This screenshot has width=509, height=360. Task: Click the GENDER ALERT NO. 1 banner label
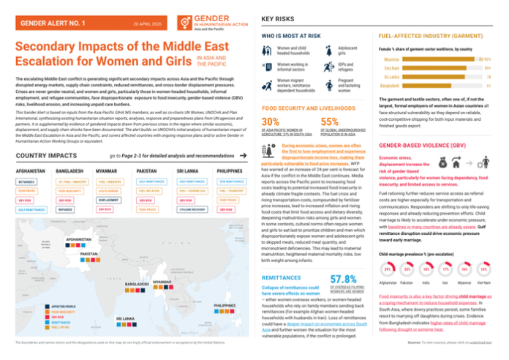click(53, 23)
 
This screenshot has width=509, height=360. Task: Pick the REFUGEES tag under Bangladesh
click(67, 209)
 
